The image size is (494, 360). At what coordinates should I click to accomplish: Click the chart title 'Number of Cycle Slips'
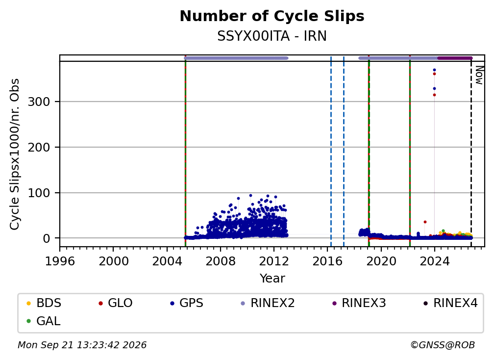click(272, 16)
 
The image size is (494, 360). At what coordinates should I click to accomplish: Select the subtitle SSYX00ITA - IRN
click(272, 36)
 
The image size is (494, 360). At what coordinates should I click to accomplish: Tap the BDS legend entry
click(44, 303)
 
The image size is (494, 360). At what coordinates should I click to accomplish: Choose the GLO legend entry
click(115, 303)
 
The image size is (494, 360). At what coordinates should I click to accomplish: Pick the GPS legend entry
click(187, 303)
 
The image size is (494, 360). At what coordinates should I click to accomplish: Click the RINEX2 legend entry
click(268, 303)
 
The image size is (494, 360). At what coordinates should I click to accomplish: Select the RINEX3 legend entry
click(359, 303)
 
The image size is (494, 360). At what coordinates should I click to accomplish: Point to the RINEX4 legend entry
click(450, 303)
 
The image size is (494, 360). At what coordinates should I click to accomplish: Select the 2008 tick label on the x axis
click(221, 261)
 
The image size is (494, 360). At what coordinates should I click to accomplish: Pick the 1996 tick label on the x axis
click(60, 261)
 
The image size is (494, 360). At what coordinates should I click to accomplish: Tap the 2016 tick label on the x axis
click(327, 261)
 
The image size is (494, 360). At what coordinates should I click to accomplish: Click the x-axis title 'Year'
click(272, 279)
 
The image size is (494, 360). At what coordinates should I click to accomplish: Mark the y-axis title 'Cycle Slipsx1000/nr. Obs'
click(15, 154)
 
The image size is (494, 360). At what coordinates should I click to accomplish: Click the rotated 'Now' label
click(479, 75)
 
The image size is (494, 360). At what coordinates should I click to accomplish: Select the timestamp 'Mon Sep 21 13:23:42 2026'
click(82, 345)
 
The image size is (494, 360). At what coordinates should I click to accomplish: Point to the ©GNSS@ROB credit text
click(443, 345)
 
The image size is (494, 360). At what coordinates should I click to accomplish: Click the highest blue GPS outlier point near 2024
click(434, 70)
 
